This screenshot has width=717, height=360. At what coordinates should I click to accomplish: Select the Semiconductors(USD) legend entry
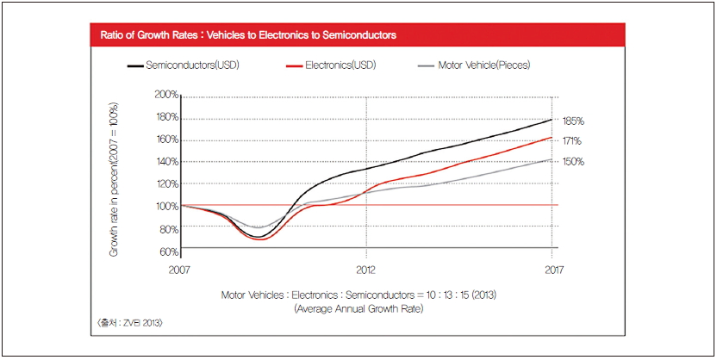[x=189, y=65]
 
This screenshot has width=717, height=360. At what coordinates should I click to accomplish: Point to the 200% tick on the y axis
[x=166, y=94]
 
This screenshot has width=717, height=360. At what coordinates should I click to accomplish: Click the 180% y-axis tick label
[x=166, y=116]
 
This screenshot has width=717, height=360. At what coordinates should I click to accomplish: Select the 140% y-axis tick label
[x=166, y=161]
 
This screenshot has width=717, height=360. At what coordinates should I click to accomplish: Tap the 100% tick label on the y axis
[x=166, y=206]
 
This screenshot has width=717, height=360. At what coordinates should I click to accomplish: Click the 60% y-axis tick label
[x=168, y=251]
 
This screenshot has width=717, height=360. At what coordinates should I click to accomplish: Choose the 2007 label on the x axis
[x=181, y=270]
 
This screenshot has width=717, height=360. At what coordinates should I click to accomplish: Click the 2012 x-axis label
[x=367, y=270]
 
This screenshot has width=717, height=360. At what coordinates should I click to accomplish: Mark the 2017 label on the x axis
[x=552, y=270]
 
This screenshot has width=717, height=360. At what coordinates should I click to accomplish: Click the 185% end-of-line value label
[x=574, y=121]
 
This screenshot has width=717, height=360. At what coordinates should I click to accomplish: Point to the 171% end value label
[x=573, y=140]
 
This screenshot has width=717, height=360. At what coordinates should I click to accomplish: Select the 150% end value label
[x=574, y=161]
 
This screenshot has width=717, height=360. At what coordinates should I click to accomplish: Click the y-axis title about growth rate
[x=113, y=180]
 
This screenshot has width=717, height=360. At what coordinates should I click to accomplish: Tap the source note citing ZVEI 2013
[x=129, y=322]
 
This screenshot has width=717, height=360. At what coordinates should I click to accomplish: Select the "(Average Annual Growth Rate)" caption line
[x=358, y=307]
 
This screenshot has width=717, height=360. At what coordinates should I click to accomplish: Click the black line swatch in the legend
[x=136, y=65]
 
